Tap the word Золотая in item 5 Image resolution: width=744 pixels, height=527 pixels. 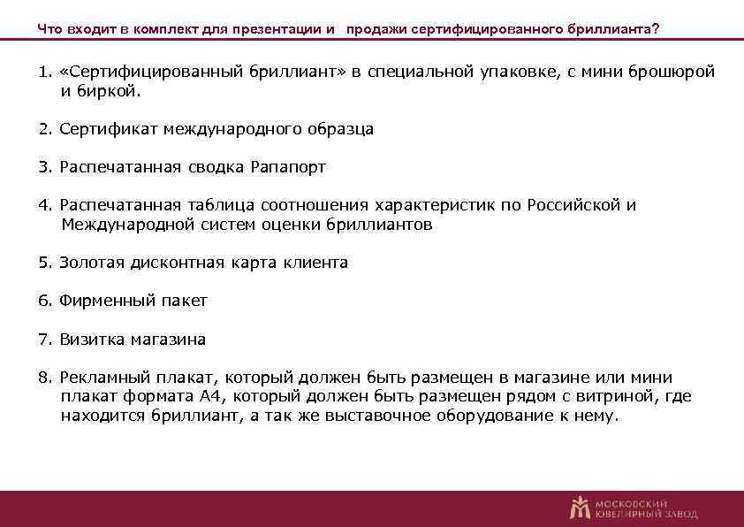coord(91,263)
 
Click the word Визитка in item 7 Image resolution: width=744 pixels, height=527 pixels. coord(92,340)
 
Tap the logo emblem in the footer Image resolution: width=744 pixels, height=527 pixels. coord(580,507)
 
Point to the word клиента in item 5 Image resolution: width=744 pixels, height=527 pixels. coord(317,263)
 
